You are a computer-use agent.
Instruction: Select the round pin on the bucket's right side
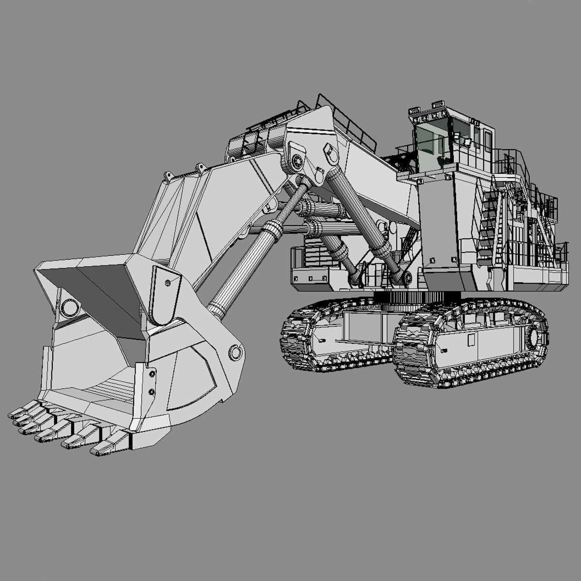[236, 352]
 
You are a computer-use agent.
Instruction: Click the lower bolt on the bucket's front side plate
[152, 391]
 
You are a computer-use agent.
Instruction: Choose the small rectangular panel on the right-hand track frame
[471, 339]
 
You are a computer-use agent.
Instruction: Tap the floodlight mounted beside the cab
[467, 142]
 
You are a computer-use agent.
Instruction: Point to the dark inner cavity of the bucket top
[87, 290]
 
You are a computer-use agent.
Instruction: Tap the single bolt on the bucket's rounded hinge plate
[168, 283]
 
